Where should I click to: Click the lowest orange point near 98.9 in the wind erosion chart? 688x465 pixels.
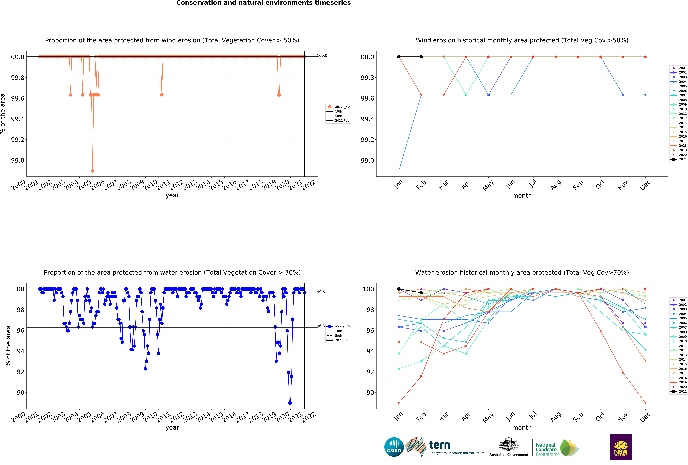pyautogui.click(x=93, y=171)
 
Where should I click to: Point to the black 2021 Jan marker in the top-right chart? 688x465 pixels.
pyautogui.click(x=399, y=57)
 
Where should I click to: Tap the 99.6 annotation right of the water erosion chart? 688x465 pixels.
pyautogui.click(x=321, y=292)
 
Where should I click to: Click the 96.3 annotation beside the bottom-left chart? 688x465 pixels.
pyautogui.click(x=321, y=326)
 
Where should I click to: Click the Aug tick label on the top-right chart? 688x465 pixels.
pyautogui.click(x=556, y=185)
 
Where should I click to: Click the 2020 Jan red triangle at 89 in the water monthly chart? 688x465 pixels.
pyautogui.click(x=399, y=403)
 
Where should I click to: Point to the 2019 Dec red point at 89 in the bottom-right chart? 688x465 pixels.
pyautogui.click(x=645, y=403)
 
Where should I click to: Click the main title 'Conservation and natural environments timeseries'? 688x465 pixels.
pyautogui.click(x=263, y=3)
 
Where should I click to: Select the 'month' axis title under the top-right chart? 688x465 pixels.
pyautogui.click(x=522, y=196)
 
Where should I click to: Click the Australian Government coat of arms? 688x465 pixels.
pyautogui.click(x=508, y=444)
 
